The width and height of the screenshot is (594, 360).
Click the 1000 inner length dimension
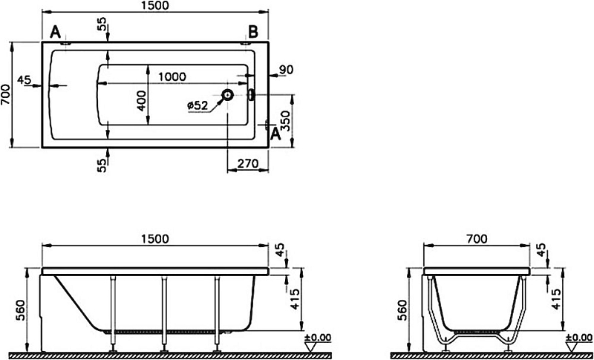[172, 77]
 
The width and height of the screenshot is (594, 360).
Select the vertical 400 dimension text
[141, 101]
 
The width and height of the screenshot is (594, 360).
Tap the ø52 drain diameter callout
[198, 105]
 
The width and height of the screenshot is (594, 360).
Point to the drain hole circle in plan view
[228, 94]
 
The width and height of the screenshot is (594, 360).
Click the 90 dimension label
[286, 70]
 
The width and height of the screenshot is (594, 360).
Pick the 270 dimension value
[248, 163]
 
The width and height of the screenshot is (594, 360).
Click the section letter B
[253, 32]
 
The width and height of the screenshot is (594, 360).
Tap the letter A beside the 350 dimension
[275, 134]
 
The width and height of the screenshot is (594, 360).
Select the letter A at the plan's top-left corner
[55, 32]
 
